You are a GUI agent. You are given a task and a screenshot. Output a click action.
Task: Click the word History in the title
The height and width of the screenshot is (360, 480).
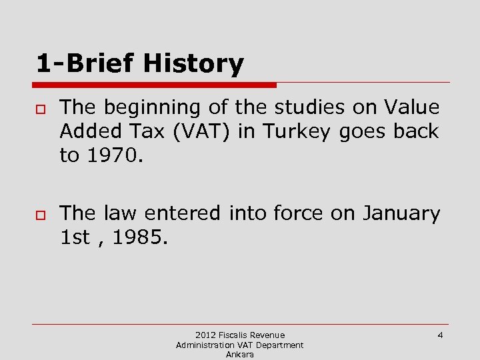click(x=194, y=65)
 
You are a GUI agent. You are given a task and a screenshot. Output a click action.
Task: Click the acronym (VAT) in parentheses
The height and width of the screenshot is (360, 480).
click(x=204, y=131)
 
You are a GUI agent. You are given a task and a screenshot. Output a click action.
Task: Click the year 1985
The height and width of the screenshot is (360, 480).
click(x=137, y=238)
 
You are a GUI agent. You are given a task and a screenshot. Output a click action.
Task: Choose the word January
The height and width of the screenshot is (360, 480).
click(x=401, y=214)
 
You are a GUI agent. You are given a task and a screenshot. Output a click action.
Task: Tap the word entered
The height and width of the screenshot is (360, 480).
click(x=175, y=214)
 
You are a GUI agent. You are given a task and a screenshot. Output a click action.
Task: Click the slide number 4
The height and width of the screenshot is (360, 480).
click(x=440, y=335)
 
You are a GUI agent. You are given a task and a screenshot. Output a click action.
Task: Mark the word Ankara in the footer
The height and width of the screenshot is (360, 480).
click(x=239, y=355)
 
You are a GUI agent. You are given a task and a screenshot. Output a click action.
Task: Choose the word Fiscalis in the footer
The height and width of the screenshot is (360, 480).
click(x=235, y=335)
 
